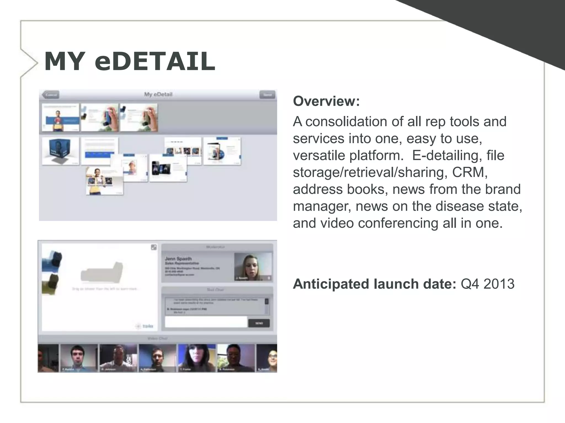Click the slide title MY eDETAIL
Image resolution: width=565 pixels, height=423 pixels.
point(130,62)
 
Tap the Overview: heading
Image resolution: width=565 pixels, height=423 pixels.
point(326,101)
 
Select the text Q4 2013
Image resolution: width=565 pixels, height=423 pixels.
point(487,284)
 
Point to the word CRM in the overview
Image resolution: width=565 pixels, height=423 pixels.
point(470,172)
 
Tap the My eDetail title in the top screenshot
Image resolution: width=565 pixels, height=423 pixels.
point(158,94)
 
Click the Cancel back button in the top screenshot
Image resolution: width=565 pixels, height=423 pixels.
point(51,95)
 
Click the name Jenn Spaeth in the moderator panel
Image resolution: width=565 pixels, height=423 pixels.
point(178,259)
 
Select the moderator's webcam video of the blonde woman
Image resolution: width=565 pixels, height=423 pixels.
point(253,267)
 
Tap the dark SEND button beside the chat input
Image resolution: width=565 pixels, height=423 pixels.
point(259,323)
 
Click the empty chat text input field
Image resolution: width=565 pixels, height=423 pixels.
point(206,322)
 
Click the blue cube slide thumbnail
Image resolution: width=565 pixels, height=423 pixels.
point(60,151)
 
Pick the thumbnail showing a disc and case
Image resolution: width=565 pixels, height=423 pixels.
point(222,151)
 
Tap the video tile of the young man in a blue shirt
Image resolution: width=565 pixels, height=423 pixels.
point(79,357)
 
